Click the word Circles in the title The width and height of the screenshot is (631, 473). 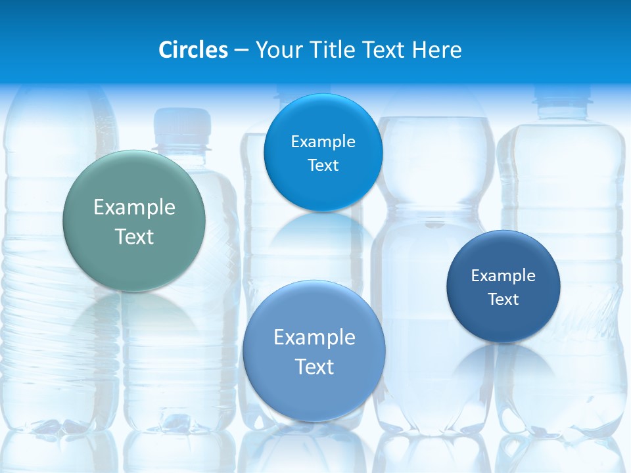[193, 50]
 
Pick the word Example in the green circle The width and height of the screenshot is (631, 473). [134, 208]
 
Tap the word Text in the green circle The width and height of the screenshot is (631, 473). [134, 236]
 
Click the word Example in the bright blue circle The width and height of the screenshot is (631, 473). [323, 141]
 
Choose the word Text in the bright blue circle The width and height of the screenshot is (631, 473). [323, 165]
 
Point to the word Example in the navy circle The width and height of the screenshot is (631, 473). [503, 275]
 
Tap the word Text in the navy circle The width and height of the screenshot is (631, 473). [503, 300]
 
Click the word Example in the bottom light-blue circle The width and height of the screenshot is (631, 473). [314, 338]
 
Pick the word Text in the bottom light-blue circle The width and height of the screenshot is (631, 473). [314, 367]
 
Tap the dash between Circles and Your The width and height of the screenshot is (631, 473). [241, 51]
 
